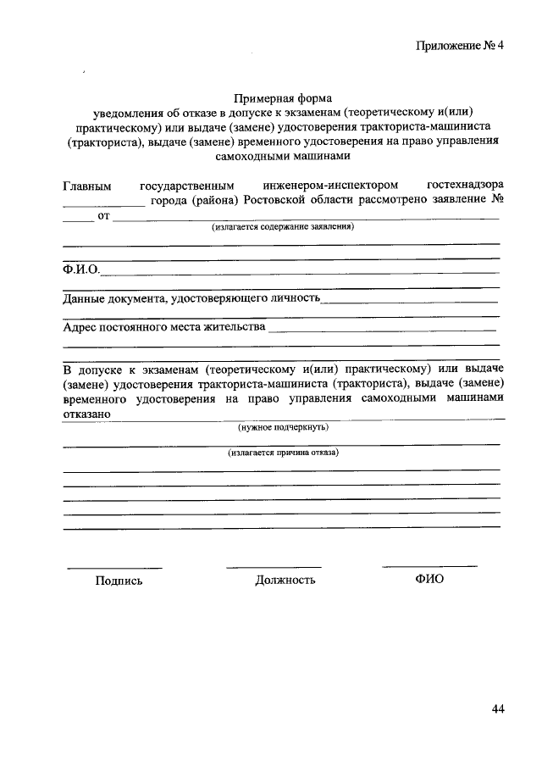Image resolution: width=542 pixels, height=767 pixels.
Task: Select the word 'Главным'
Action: click(87, 184)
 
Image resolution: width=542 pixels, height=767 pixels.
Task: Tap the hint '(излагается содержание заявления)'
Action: click(283, 228)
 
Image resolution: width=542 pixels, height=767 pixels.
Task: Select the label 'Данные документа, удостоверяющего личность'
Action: click(191, 298)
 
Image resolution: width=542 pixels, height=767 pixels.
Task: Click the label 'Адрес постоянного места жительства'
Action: click(164, 326)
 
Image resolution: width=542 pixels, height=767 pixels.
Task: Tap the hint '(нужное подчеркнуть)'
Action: click(283, 427)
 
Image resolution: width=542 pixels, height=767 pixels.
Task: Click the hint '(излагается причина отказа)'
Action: click(283, 453)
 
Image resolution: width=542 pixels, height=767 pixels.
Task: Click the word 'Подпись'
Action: click(119, 581)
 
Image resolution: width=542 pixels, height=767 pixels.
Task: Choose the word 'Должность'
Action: click(285, 581)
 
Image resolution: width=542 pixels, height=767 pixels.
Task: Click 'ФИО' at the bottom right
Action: click(429, 579)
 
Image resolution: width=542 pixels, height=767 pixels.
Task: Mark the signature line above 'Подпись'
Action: click(114, 567)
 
